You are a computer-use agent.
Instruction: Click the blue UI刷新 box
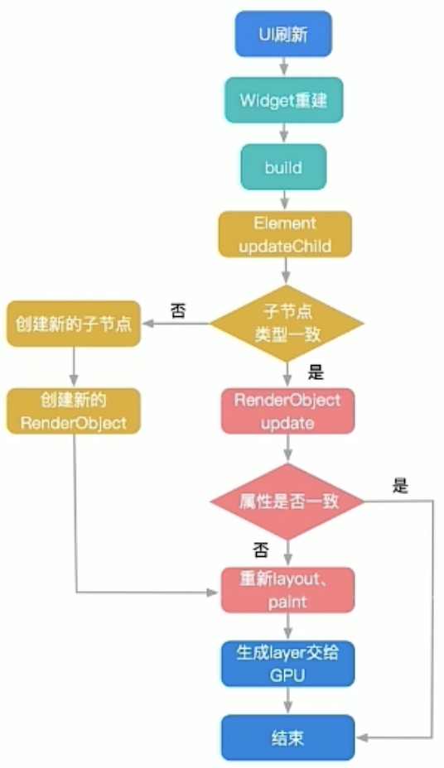283,34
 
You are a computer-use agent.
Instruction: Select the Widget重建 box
284,100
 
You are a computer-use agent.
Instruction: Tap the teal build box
283,167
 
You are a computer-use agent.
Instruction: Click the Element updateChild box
285,234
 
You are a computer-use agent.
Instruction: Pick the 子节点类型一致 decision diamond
287,324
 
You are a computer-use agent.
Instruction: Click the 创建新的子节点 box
74,324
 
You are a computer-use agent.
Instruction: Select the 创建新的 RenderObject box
74,411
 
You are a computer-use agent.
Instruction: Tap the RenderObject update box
287,411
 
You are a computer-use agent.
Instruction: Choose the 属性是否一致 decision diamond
287,502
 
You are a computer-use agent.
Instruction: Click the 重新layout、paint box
287,590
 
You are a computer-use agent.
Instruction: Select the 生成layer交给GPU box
287,664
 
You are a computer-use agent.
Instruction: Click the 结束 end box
287,737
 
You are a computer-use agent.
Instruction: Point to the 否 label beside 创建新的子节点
178,310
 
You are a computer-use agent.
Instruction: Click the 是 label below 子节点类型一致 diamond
316,372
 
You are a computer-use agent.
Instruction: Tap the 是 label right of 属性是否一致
400,486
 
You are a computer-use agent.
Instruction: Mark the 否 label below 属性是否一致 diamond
261,550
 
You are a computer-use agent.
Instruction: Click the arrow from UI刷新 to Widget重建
283,66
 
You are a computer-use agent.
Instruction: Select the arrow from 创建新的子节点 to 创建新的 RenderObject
74,367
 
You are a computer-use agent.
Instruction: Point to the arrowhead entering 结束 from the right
362,737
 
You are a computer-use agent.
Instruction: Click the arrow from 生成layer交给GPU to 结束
287,700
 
